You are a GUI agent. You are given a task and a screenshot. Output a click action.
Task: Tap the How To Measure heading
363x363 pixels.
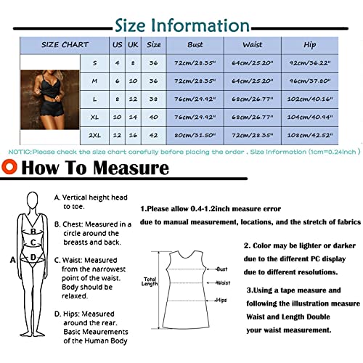91,170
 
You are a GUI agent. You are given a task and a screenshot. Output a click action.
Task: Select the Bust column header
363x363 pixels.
195,45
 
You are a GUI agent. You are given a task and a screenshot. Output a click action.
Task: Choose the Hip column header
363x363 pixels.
310,45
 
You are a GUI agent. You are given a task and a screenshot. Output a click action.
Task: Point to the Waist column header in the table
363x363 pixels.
252,45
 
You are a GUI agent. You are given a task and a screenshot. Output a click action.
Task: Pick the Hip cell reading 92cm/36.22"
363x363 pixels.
310,63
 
